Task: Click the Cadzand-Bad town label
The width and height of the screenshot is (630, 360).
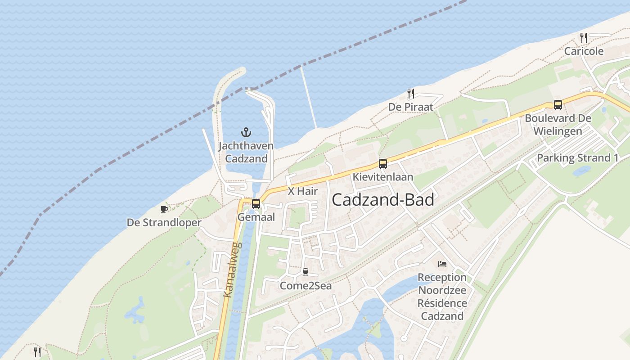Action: [383, 200]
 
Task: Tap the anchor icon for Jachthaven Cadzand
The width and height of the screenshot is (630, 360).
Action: [246, 132]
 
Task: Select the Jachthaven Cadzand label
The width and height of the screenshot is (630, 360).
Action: [246, 152]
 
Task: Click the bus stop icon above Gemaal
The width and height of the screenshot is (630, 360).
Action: [256, 203]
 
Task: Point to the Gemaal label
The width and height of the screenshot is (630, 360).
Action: [256, 217]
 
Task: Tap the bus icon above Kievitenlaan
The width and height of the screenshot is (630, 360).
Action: [382, 164]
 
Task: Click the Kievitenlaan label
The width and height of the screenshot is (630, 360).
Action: [382, 177]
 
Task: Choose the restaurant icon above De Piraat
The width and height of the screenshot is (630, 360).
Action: [410, 94]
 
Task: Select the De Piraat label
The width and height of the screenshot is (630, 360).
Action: [410, 107]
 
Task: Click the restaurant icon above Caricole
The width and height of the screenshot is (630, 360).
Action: [584, 38]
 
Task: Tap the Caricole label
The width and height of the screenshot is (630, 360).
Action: [584, 51]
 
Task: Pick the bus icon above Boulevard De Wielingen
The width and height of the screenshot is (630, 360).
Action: [558, 105]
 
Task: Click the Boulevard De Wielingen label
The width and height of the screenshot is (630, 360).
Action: [558, 125]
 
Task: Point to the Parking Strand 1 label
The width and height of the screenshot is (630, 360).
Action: [577, 158]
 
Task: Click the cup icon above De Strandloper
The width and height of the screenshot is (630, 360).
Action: [164, 209]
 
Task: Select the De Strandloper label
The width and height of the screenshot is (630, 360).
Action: [164, 222]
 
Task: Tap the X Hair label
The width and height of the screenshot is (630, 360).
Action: [303, 191]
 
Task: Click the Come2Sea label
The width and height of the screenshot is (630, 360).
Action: [306, 285]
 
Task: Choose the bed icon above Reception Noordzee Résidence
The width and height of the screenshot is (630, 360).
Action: [442, 264]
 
